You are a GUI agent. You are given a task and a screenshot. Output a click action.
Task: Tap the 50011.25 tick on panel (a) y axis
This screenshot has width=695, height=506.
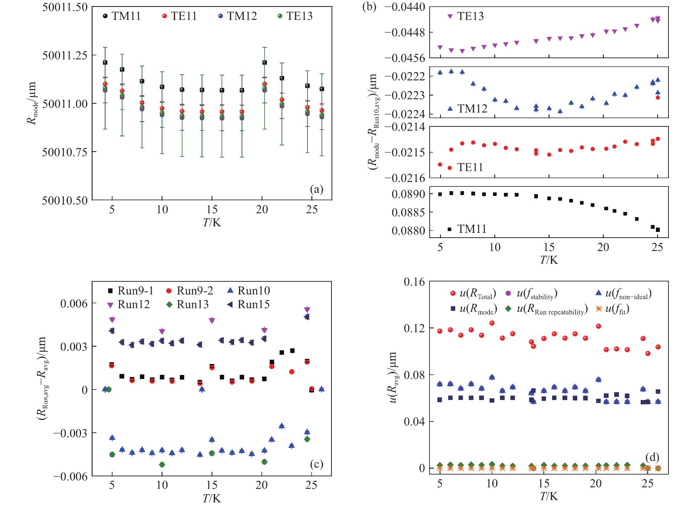coord(65,55)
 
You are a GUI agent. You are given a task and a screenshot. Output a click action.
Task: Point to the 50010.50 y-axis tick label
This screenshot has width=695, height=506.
coord(65,200)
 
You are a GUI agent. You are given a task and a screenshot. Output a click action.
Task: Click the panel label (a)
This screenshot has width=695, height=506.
coord(317,189)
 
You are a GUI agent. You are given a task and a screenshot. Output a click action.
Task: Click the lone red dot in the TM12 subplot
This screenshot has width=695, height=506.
coord(658,98)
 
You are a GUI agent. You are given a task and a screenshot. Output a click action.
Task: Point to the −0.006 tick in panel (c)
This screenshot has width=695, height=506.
coord(70,476)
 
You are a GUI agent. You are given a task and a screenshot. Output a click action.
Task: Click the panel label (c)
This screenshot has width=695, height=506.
coord(317,464)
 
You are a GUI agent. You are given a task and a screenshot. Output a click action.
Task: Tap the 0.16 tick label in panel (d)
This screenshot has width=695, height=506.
coord(414,282)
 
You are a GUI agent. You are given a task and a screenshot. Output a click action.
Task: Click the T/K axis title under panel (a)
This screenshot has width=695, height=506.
coord(212,222)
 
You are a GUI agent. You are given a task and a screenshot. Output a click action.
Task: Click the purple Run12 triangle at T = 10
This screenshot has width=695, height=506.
coord(162,331)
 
